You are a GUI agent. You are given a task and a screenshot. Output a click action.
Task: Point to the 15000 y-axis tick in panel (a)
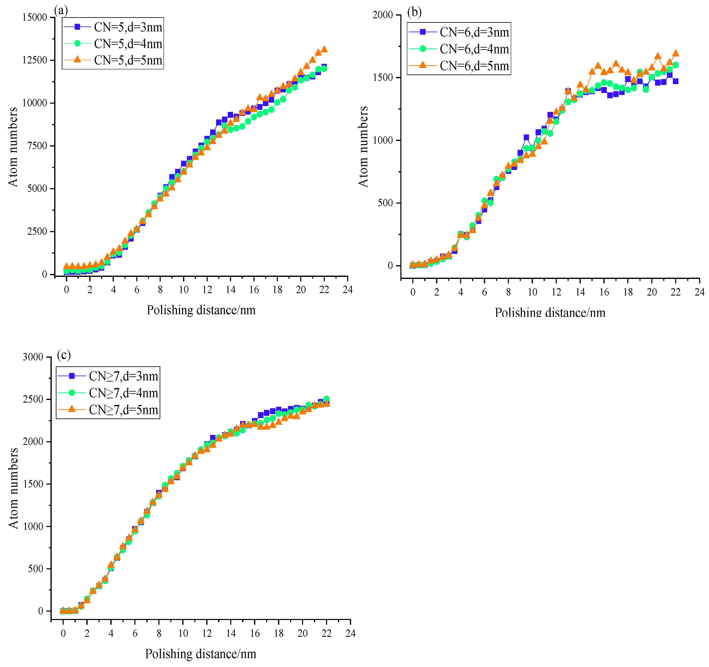[x=35, y=17]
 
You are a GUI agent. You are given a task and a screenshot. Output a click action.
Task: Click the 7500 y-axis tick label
[x=37, y=146]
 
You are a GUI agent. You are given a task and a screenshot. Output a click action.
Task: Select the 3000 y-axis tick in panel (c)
[x=33, y=357]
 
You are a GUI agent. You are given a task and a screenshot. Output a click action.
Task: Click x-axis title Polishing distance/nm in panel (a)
[x=201, y=310]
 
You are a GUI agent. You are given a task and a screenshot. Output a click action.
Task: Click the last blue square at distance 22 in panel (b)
[x=676, y=81]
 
